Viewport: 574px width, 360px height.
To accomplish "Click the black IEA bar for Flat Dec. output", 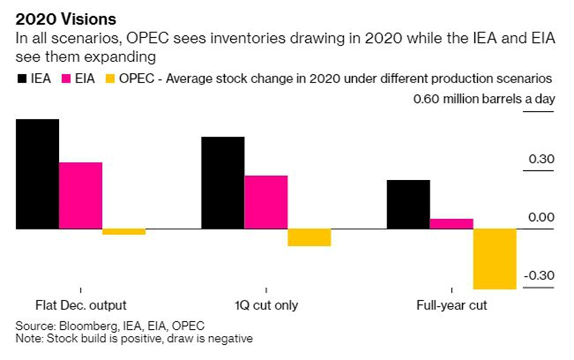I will pyautogui.click(x=38, y=174).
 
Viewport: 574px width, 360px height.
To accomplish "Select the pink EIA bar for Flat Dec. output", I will pyautogui.click(x=81, y=195).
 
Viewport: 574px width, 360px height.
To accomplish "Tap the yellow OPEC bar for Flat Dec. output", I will pyautogui.click(x=124, y=232).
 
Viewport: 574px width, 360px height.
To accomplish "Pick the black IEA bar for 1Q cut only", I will pyautogui.click(x=223, y=183).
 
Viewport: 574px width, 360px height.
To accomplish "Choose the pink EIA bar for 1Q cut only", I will pyautogui.click(x=266, y=202).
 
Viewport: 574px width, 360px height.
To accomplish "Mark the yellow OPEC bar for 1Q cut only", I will pyautogui.click(x=309, y=237).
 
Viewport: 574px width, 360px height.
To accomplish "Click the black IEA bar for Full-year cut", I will pyautogui.click(x=408, y=204).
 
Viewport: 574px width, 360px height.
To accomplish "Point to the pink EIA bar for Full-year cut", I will pyautogui.click(x=451, y=223).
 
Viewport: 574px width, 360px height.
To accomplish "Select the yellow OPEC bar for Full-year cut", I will pyautogui.click(x=495, y=259).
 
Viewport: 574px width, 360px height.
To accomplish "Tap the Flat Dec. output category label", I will pyautogui.click(x=81, y=305).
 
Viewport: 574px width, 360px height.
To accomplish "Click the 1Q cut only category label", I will pyautogui.click(x=266, y=305).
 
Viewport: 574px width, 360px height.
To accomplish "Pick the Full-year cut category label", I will pyautogui.click(x=451, y=305).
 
